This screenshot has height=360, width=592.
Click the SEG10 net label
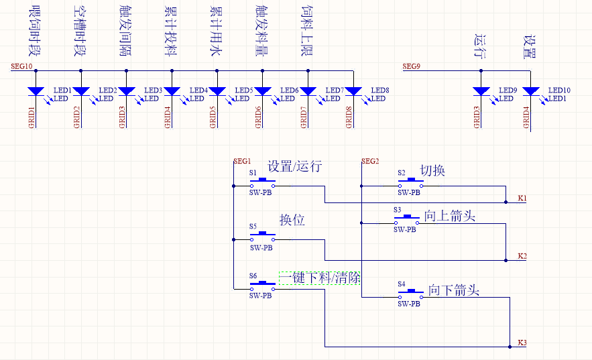pyautogui.click(x=21, y=66)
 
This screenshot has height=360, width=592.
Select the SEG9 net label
pyautogui.click(x=412, y=66)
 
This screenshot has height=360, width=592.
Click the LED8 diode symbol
pyautogui.click(x=353, y=92)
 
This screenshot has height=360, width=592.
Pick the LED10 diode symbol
pyautogui.click(x=530, y=92)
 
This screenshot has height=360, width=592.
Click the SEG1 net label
pyautogui.click(x=241, y=162)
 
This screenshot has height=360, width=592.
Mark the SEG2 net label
pyautogui.click(x=370, y=162)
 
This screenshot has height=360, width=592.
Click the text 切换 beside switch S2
pyautogui.click(x=432, y=171)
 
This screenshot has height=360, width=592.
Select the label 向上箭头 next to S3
pyautogui.click(x=449, y=216)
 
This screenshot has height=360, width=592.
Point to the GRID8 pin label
pyautogui.click(x=349, y=117)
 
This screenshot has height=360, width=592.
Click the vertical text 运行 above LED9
pyautogui.click(x=480, y=45)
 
